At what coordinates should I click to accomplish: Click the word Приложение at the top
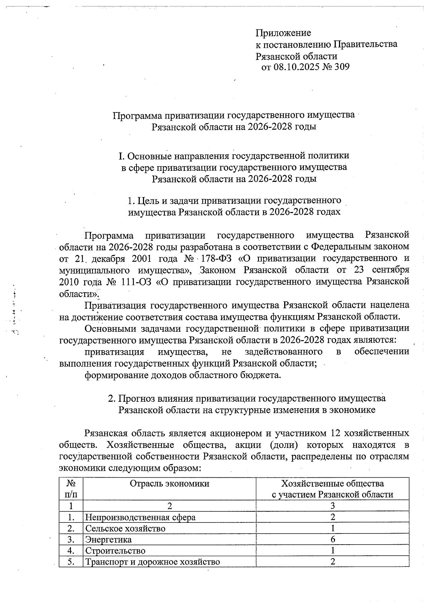[283, 33]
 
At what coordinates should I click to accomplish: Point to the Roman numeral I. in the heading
[121, 156]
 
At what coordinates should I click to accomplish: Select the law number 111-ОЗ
[134, 282]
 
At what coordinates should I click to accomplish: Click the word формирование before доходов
[114, 375]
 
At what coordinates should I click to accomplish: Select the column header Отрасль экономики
[169, 484]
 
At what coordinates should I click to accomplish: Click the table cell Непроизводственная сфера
[140, 517]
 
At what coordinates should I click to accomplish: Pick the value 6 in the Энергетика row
[333, 539]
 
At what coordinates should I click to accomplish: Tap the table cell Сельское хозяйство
[125, 528]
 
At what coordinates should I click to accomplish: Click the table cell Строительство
[115, 550]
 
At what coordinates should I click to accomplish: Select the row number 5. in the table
[71, 561]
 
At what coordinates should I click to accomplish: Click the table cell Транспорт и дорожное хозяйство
[152, 561]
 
